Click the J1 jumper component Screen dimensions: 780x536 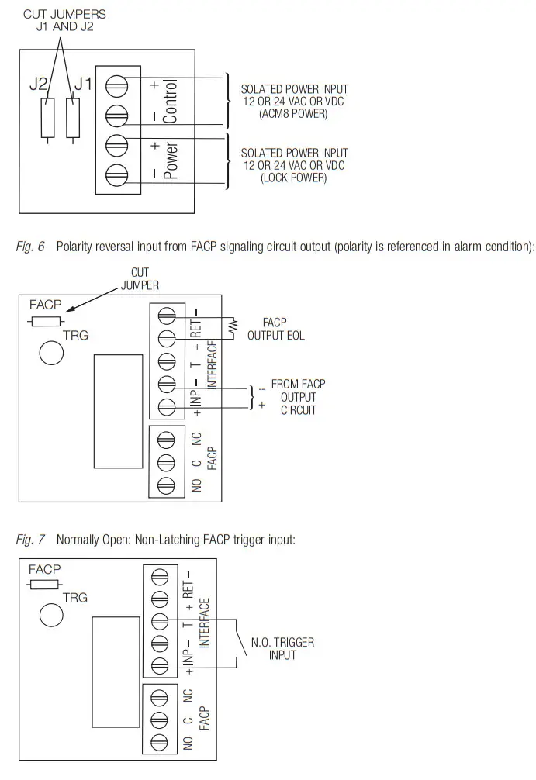pos(74,117)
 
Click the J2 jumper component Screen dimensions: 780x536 pos(48,117)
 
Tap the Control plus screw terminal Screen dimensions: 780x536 pos(116,81)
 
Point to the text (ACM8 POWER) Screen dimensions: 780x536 pos(293,114)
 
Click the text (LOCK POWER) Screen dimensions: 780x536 pos(293,178)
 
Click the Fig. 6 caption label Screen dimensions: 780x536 pos(30,247)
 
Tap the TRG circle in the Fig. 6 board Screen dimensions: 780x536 pos(50,354)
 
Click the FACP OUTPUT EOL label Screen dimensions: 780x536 pos(275,328)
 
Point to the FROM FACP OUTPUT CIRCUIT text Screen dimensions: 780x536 pos(298,396)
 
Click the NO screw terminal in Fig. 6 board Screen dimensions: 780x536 pos(164,485)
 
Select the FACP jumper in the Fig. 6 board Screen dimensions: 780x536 pos(45,320)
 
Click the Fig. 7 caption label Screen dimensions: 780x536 pos(30,538)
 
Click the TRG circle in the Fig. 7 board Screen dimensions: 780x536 pos(50,614)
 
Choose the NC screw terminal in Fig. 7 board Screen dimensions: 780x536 pos(160,697)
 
